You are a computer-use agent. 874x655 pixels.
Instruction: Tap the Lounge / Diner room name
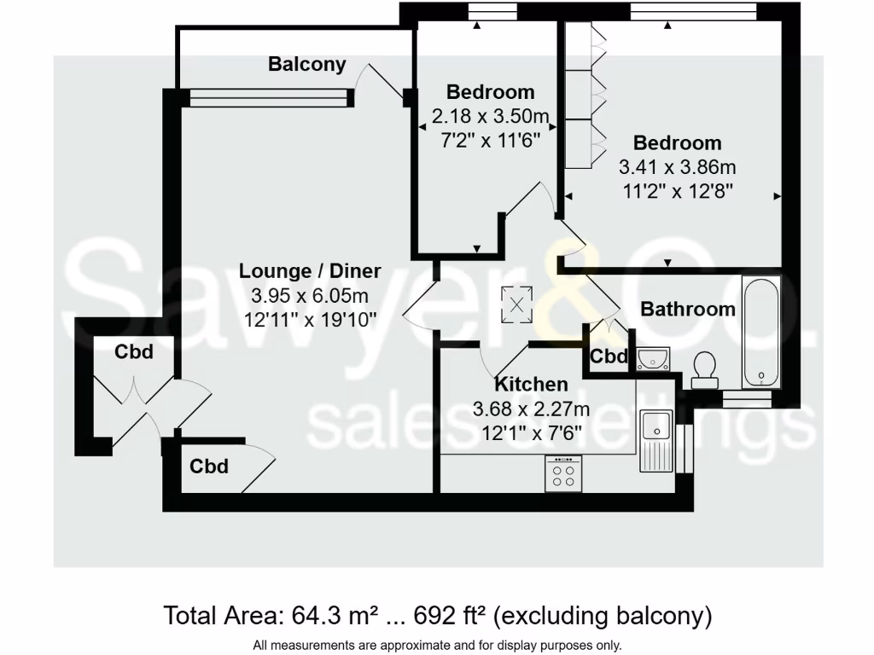[310, 271]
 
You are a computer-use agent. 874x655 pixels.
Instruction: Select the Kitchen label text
[531, 385]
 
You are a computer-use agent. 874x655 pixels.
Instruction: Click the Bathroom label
[688, 309]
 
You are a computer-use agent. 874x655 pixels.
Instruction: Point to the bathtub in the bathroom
[760, 332]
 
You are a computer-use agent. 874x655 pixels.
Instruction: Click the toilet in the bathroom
[705, 368]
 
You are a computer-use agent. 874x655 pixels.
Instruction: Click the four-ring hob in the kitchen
[564, 473]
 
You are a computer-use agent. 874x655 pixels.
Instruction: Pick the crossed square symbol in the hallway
[516, 304]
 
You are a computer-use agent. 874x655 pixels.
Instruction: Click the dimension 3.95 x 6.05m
[310, 296]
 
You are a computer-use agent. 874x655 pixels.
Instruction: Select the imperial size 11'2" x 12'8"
[677, 190]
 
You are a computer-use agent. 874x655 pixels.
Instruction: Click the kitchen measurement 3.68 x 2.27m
[531, 409]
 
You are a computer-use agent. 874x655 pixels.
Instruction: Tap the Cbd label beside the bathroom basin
[609, 356]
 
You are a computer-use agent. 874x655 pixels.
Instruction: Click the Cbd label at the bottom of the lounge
[209, 467]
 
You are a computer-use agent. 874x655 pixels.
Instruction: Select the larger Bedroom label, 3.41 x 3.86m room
[677, 142]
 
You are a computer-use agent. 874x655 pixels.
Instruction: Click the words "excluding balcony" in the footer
[603, 615]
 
